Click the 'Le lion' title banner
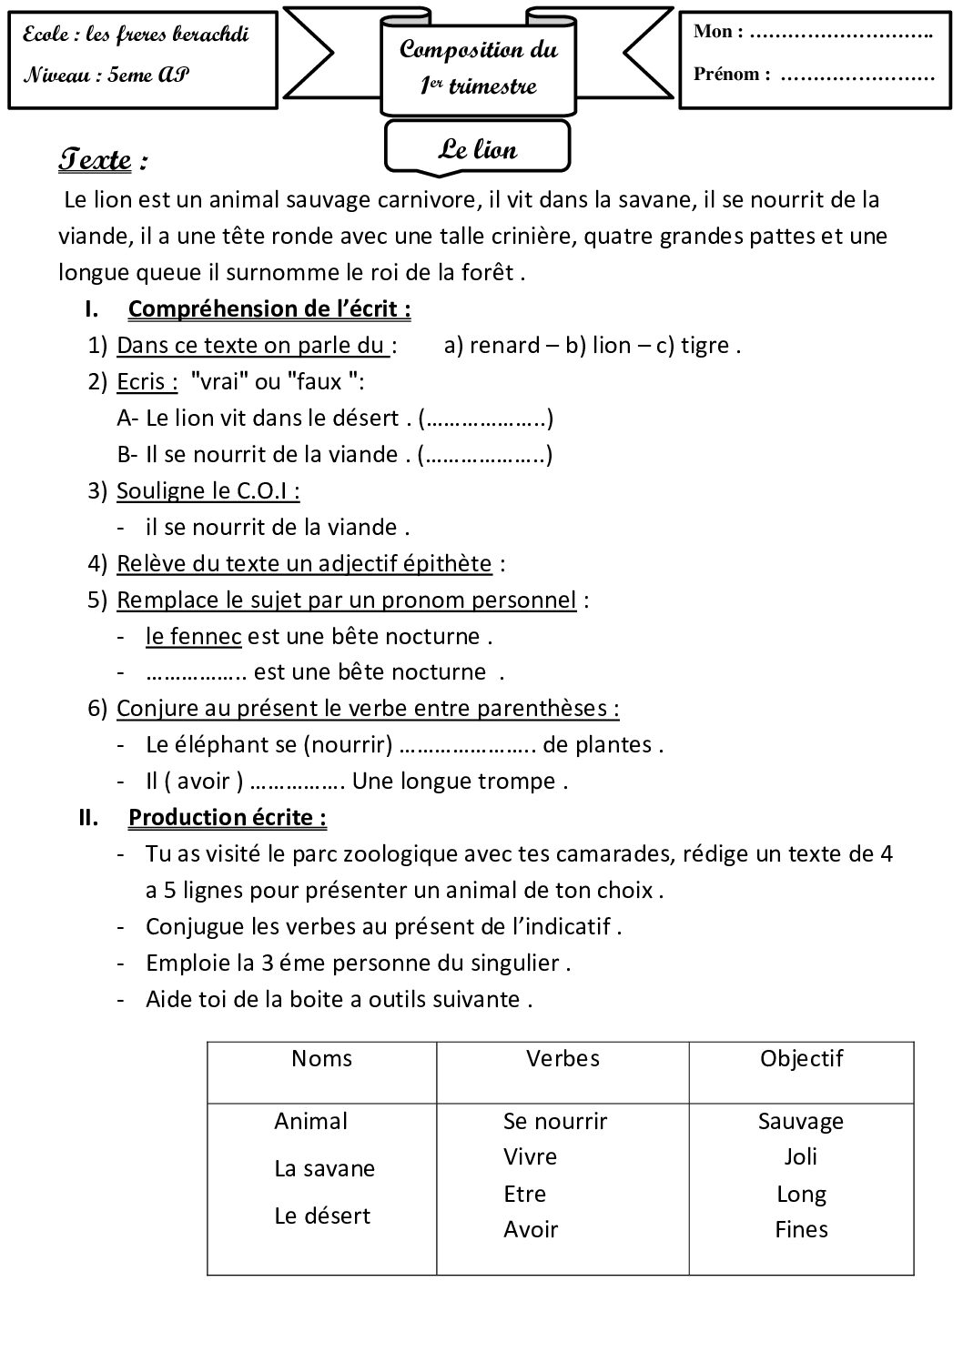(478, 149)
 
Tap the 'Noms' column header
(321, 1058)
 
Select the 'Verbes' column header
(563, 1058)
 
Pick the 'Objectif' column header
(801, 1058)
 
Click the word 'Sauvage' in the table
(801, 1121)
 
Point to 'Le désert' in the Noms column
(322, 1216)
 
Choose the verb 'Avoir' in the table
(531, 1229)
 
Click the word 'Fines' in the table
(801, 1229)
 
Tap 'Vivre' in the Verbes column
(530, 1156)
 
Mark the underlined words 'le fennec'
(193, 636)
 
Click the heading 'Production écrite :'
(228, 817)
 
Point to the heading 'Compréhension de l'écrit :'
(269, 309)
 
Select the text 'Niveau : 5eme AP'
(106, 76)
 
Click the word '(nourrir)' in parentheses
(347, 745)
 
